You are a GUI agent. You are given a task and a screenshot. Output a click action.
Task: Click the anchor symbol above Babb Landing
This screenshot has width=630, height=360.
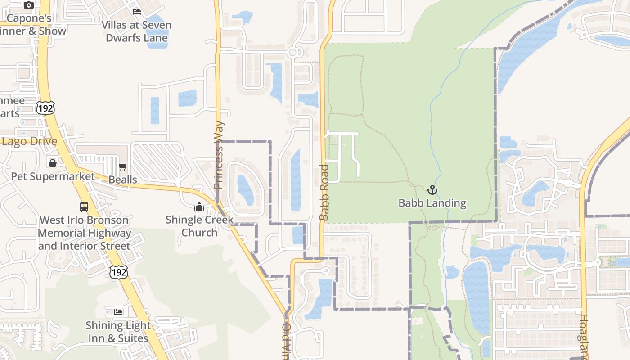pyautogui.click(x=432, y=190)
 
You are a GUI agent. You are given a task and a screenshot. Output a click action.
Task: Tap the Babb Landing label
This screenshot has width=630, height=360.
pyautogui.click(x=432, y=203)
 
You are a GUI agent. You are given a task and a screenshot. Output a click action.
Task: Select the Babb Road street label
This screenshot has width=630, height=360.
pyautogui.click(x=324, y=193)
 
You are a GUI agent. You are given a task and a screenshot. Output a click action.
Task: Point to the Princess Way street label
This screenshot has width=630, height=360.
pyautogui.click(x=219, y=155)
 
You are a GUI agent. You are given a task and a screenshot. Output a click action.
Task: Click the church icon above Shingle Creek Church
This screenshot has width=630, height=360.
pyautogui.click(x=199, y=207)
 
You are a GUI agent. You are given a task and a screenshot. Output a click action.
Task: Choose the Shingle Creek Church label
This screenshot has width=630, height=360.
pyautogui.click(x=199, y=226)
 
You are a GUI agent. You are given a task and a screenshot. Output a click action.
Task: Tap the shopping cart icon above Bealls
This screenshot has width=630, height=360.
pyautogui.click(x=123, y=167)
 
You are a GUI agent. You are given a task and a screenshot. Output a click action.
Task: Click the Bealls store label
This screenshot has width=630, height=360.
pyautogui.click(x=123, y=180)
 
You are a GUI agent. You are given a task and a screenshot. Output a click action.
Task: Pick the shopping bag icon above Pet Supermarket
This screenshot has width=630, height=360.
pyautogui.click(x=53, y=163)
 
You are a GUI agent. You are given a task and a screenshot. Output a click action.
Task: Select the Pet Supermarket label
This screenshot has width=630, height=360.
pyautogui.click(x=53, y=176)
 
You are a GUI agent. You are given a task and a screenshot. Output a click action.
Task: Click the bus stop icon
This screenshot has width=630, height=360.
pyautogui.click(x=84, y=207)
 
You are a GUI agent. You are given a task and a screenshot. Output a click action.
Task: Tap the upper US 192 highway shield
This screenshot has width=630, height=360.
pyautogui.click(x=46, y=108)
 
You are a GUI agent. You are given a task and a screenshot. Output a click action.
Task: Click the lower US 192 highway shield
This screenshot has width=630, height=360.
pyautogui.click(x=119, y=272)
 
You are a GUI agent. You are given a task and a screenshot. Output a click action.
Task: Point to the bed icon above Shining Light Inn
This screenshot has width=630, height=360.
pyautogui.click(x=118, y=312)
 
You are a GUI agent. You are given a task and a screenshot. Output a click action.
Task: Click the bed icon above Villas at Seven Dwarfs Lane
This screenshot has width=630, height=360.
pyautogui.click(x=137, y=11)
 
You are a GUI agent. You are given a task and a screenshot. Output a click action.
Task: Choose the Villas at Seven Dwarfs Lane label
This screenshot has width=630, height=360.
pyautogui.click(x=136, y=31)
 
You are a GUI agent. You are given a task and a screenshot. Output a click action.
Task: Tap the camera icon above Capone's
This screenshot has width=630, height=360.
pyautogui.click(x=29, y=5)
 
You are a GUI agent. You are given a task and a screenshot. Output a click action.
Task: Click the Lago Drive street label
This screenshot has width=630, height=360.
pyautogui.click(x=30, y=141)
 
